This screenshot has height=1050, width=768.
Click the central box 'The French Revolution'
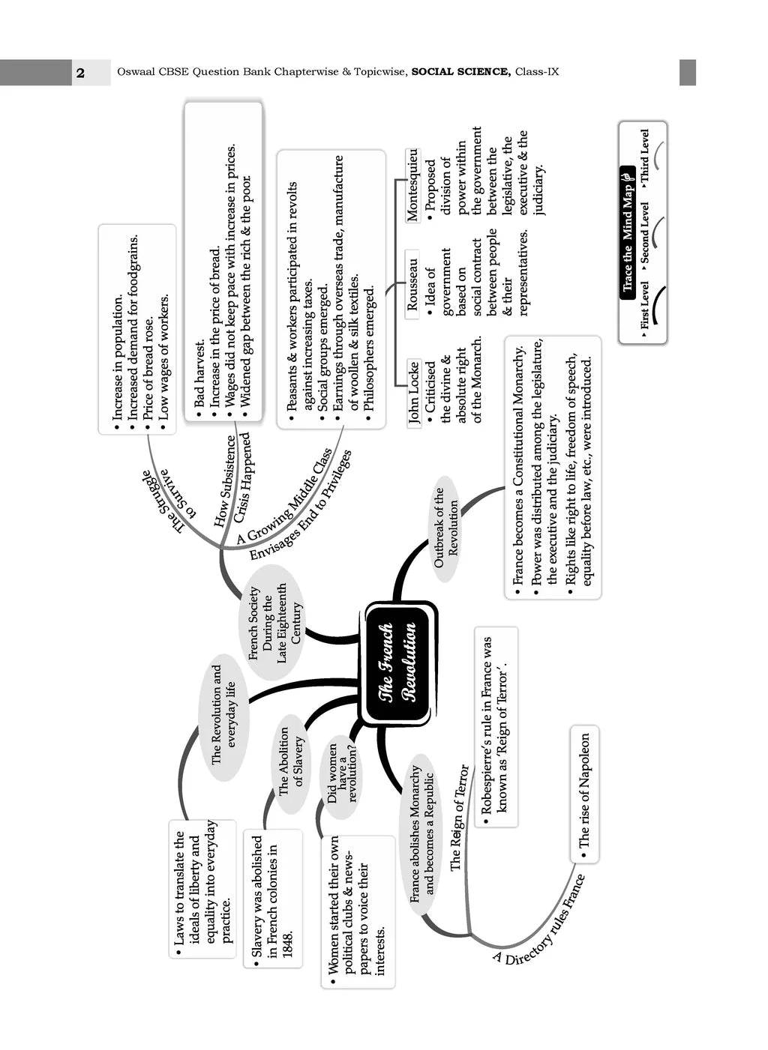pos(398,663)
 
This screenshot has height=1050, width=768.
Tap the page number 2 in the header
pos(80,73)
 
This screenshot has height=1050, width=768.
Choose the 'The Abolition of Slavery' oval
pos(291,761)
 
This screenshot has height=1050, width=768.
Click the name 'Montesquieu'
pos(412,184)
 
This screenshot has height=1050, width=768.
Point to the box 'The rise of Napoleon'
pos(585,790)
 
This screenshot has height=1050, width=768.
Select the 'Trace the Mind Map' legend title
pos(628,232)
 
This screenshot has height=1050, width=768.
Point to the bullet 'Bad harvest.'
pos(200,375)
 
